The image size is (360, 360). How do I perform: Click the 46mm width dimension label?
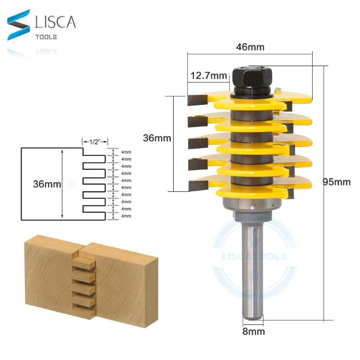(250, 46)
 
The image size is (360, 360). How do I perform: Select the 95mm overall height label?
(337, 182)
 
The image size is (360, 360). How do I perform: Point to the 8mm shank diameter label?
(253, 331)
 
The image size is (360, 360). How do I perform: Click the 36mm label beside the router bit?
(157, 138)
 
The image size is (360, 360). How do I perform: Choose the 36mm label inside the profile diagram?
(46, 184)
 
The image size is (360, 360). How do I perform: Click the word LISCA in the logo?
(55, 22)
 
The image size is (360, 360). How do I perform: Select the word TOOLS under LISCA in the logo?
(46, 37)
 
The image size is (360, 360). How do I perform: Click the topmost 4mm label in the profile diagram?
(127, 152)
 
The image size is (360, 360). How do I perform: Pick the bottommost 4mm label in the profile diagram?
(127, 216)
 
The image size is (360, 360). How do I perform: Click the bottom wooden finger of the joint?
(86, 313)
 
